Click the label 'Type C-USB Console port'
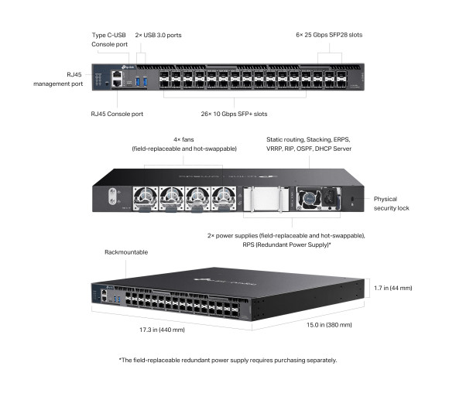click(x=111, y=40)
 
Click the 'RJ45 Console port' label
click(x=117, y=113)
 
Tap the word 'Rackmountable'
click(x=125, y=252)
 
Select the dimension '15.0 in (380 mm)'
click(x=322, y=325)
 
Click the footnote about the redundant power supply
click(x=228, y=360)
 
